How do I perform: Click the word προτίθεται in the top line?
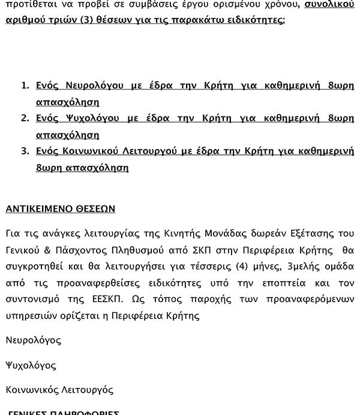(x=28, y=5)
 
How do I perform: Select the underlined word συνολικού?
(x=329, y=5)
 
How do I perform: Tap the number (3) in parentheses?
(x=87, y=20)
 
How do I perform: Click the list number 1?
(x=25, y=86)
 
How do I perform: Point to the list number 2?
(x=25, y=118)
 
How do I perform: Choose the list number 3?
(x=25, y=151)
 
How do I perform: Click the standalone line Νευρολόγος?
(x=33, y=341)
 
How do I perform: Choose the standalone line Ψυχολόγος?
(x=31, y=365)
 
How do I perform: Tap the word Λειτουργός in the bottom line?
(x=88, y=390)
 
